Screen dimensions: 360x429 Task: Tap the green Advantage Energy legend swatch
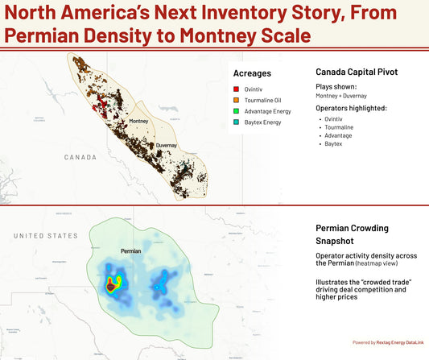235,113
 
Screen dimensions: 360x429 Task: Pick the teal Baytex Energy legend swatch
235,124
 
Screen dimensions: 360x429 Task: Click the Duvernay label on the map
167,146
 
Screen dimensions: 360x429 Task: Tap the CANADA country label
80,156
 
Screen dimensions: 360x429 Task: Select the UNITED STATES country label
45,235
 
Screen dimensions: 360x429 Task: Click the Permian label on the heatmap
130,251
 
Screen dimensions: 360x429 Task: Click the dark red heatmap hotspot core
109,286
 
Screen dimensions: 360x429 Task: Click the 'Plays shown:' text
336,85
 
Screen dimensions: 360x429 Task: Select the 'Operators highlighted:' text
351,107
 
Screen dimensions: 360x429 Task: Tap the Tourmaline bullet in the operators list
339,126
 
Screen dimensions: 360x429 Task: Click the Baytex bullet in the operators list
334,143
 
